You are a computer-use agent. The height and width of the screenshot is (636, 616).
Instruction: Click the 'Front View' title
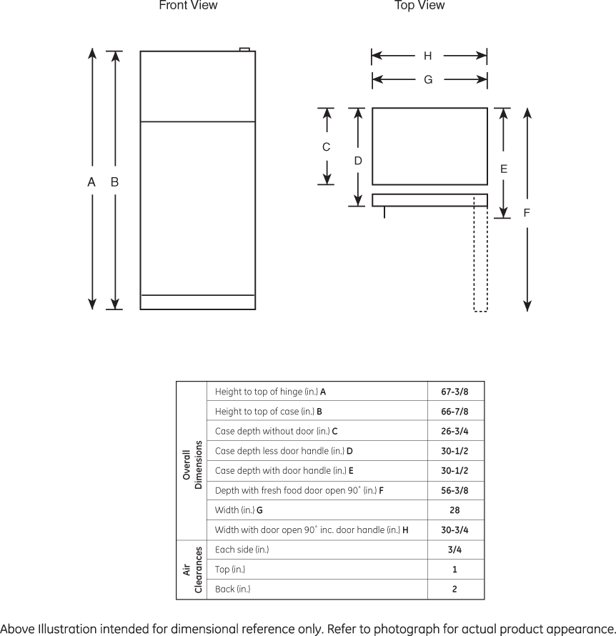[188, 6]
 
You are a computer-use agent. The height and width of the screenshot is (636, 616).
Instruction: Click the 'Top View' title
[419, 6]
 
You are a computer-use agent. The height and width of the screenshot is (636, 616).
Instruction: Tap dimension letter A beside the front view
[91, 182]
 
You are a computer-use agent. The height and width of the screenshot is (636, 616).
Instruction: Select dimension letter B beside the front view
[114, 182]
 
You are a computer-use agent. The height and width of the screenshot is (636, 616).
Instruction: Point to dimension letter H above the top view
[427, 56]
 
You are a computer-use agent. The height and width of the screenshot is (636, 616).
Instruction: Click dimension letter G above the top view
[428, 80]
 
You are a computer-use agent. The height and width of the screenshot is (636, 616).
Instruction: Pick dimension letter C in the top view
[326, 147]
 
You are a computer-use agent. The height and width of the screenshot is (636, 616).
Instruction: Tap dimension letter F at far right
[527, 212]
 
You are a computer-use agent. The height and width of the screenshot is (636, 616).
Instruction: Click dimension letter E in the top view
[504, 169]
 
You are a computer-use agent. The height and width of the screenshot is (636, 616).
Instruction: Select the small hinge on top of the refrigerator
[244, 49]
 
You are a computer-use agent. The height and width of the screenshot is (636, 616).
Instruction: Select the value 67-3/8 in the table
[454, 392]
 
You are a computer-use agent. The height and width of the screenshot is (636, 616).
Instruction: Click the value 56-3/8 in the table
[454, 490]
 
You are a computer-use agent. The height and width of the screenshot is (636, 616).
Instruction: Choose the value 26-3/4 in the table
[454, 431]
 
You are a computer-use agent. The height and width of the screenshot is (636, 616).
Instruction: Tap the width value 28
[454, 510]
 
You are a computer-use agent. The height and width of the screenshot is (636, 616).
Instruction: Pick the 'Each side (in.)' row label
[242, 550]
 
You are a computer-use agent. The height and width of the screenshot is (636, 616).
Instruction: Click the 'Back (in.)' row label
[232, 590]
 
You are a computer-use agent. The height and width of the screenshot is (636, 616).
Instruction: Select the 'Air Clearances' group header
[192, 570]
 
